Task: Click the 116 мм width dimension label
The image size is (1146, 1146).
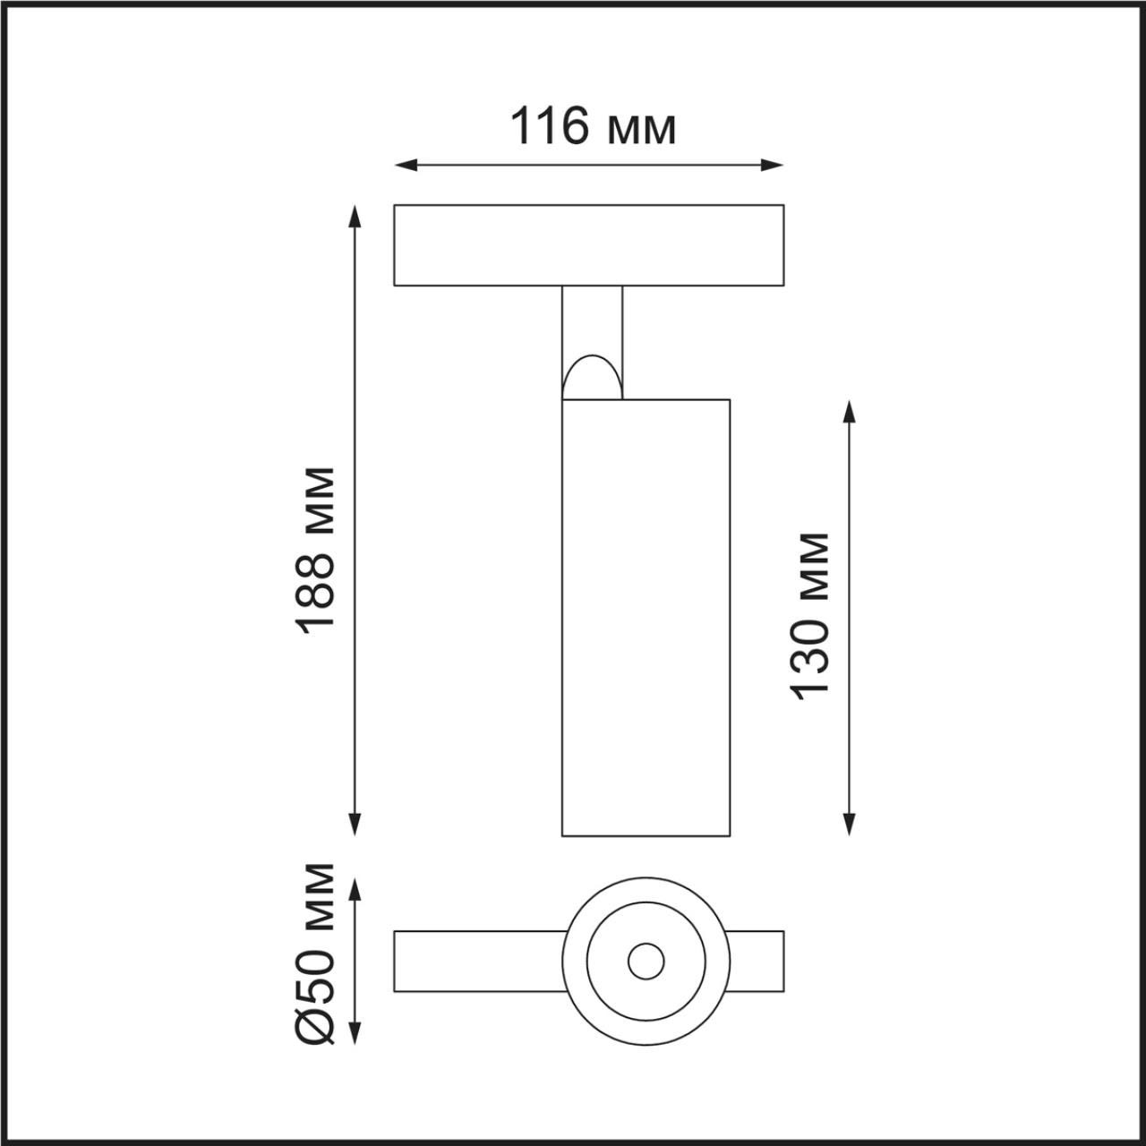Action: pos(592,126)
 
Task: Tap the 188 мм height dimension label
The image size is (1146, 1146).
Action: pos(319,550)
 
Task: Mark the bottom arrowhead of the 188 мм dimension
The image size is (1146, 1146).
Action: pos(355,825)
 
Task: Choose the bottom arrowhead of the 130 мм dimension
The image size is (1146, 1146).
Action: pos(850,825)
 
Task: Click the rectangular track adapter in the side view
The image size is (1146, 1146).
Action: pos(589,245)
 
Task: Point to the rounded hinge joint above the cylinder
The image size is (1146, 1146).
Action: pos(591,378)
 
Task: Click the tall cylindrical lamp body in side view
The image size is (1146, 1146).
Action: pos(646,618)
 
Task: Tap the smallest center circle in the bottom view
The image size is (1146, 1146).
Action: pos(646,962)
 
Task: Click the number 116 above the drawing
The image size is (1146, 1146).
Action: pos(549,126)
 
